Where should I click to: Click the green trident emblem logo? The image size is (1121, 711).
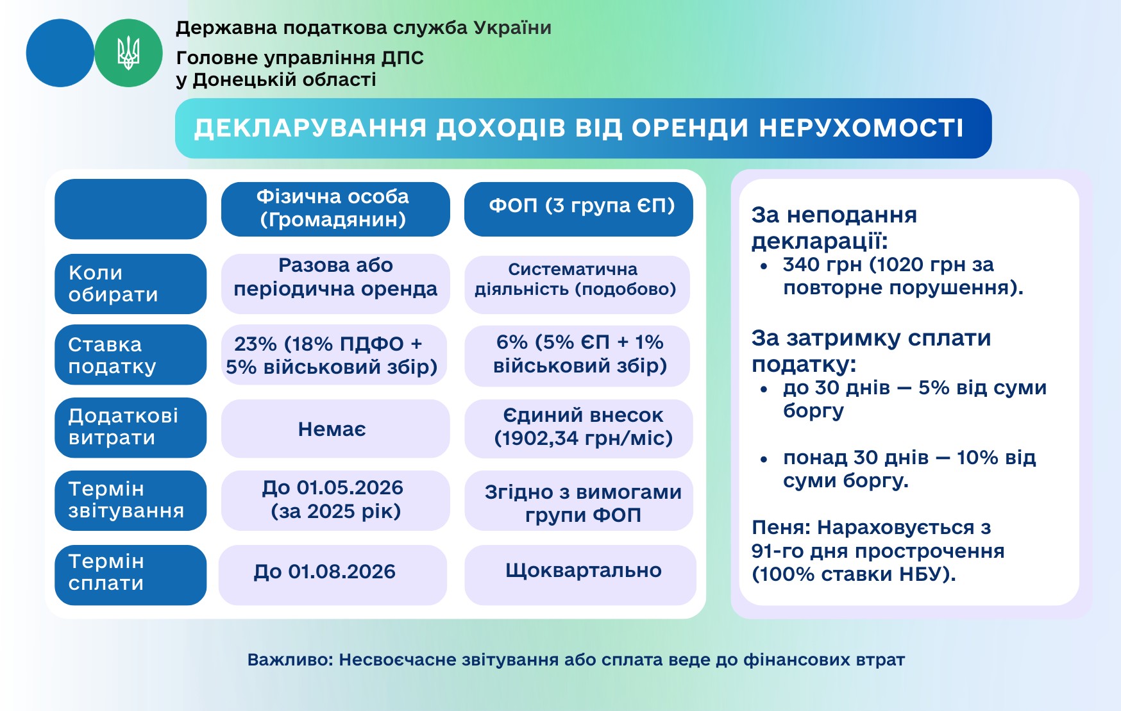(128, 53)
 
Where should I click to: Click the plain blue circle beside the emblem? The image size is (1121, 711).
(60, 53)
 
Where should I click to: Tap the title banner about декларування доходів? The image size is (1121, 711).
(583, 128)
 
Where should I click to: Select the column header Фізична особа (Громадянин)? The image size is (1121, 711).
(335, 209)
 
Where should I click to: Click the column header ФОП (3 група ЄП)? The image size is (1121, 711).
(578, 209)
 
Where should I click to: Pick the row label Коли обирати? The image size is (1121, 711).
(131, 284)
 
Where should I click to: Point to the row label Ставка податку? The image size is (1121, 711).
(131, 355)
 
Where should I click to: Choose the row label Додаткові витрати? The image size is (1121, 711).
(131, 428)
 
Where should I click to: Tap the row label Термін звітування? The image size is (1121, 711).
(131, 501)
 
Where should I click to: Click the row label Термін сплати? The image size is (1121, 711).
(131, 575)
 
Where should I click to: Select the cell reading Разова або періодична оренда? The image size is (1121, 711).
(335, 284)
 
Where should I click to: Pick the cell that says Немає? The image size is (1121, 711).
(335, 429)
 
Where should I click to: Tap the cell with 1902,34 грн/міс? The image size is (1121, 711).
(578, 429)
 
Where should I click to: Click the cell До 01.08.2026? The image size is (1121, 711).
(333, 575)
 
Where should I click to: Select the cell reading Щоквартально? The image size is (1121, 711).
(580, 575)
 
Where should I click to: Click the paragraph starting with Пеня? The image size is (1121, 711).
(878, 551)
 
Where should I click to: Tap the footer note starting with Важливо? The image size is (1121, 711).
(576, 660)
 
